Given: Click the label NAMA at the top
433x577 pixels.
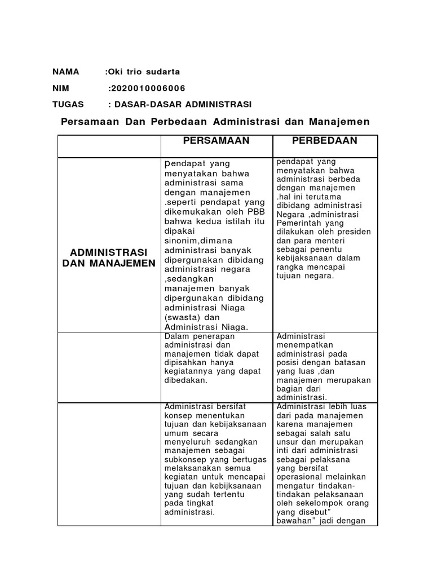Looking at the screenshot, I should (x=66, y=72).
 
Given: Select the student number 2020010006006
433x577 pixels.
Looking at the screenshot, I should (x=148, y=88).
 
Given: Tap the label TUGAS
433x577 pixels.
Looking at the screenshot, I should (x=68, y=105).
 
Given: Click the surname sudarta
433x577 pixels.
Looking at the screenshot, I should (x=164, y=72).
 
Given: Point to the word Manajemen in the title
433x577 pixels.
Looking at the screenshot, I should (x=342, y=122).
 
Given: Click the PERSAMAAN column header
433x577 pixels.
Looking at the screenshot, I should (x=217, y=141).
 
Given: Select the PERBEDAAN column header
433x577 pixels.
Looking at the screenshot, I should (x=325, y=141).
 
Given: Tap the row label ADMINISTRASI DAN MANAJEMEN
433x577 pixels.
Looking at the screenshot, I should (x=109, y=257).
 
